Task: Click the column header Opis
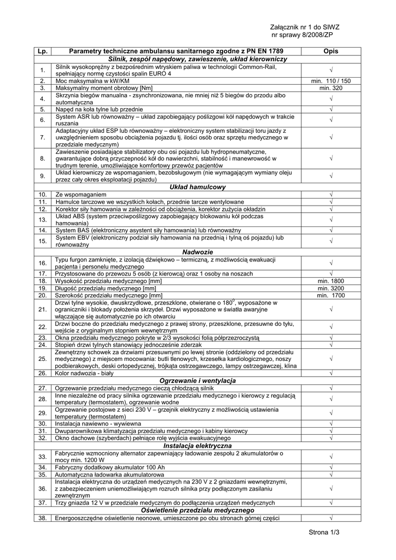[330, 51]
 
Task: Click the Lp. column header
[42, 51]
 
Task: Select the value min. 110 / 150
[330, 81]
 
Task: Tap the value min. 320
[330, 88]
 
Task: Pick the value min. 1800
[330, 281]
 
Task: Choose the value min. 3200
[330, 288]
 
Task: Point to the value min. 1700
[330, 295]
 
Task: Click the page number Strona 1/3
[324, 532]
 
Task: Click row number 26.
[42, 373]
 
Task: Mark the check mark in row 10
[331, 195]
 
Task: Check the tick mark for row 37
[331, 503]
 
